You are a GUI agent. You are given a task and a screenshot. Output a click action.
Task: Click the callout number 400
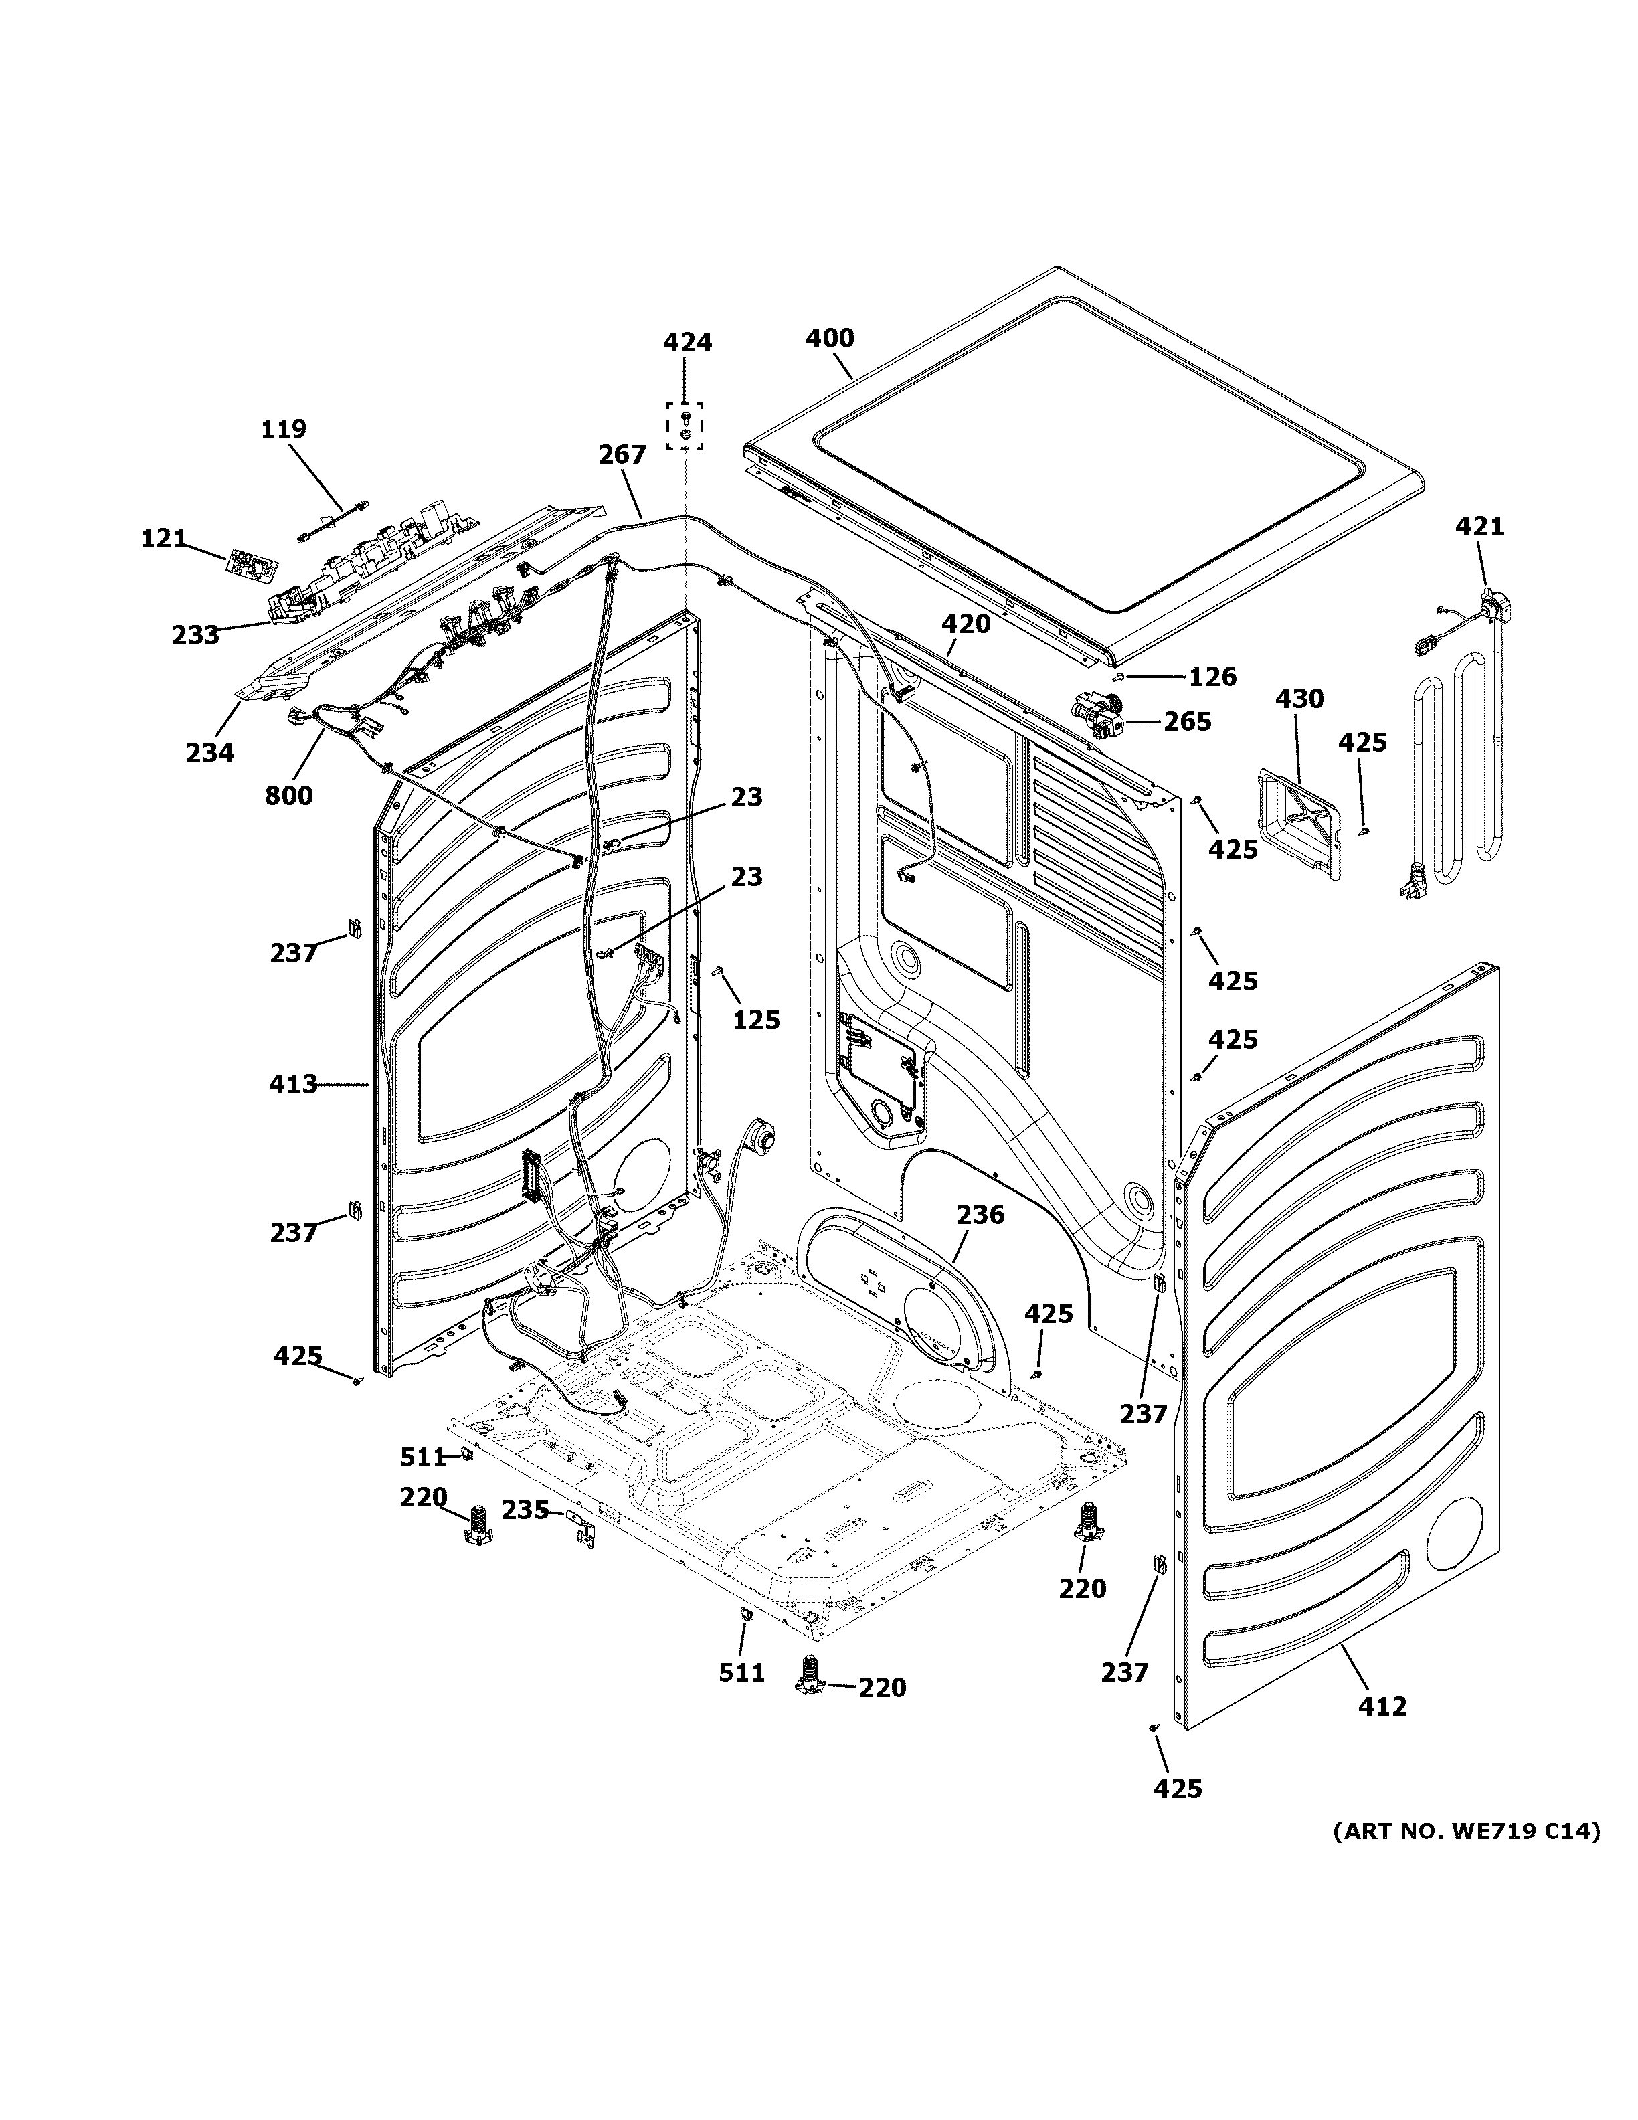coord(830,338)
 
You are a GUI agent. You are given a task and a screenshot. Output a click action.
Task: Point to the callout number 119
coord(283,428)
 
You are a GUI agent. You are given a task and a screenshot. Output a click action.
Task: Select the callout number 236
coord(980,1215)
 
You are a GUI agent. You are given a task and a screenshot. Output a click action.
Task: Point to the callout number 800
coord(288,795)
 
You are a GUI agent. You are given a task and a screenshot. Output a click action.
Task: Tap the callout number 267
coord(621,454)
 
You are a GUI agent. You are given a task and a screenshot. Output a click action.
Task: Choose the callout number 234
coord(209,752)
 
